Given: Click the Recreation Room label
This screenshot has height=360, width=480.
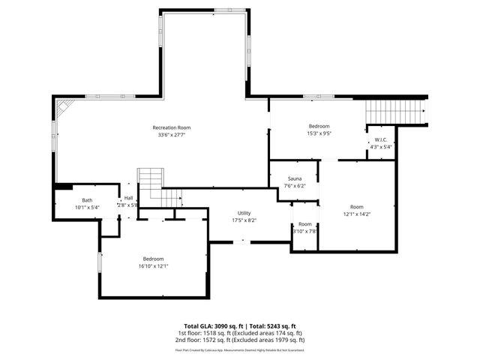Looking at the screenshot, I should click(172, 127).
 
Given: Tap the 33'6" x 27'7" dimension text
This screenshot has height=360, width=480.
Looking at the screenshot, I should click(172, 135).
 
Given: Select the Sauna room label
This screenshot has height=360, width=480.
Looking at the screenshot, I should click(295, 178).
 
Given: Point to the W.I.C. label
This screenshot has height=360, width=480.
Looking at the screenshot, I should click(381, 139).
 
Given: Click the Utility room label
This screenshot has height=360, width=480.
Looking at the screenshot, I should click(244, 213).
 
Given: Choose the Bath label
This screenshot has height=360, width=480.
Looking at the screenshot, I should click(87, 200).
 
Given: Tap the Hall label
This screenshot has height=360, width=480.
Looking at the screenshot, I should click(128, 198).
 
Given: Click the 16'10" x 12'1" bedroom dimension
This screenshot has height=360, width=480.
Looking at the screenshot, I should click(153, 266).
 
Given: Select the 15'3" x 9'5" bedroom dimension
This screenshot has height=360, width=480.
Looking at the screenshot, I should click(319, 134).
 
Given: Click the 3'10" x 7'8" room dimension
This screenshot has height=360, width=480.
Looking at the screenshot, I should click(305, 231).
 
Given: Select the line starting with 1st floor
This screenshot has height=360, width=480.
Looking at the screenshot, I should click(240, 333).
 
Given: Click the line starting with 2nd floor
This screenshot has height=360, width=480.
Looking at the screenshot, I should click(240, 340).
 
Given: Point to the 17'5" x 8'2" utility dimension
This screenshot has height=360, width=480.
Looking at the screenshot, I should click(244, 220).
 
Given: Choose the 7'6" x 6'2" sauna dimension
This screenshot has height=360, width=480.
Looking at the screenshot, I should click(295, 186).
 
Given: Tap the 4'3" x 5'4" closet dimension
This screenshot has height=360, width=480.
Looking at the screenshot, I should click(381, 147).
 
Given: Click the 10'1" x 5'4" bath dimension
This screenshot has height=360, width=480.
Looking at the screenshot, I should click(87, 207).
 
